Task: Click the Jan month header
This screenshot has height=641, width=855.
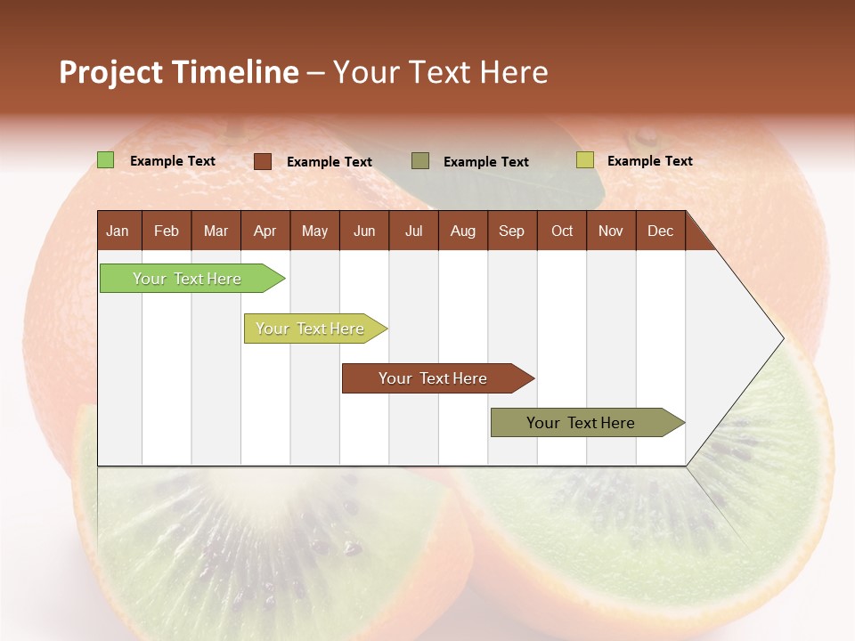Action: point(118,231)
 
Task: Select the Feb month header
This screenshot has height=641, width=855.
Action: point(167,231)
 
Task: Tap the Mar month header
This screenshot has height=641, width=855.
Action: point(216,231)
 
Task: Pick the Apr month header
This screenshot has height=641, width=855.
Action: point(265,231)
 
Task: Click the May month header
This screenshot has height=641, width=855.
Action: point(314,231)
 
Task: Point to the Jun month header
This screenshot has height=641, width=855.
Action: point(364,231)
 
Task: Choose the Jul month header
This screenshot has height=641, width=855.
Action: point(413,231)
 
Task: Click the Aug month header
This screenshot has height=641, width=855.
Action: point(463,231)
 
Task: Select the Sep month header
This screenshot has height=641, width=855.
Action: point(512,231)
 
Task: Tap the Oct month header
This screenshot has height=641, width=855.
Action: point(562,231)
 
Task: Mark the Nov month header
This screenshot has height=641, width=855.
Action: point(611,231)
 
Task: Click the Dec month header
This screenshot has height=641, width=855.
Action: point(661,231)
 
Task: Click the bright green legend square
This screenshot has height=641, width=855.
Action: point(106,160)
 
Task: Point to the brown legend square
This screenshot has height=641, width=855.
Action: point(263,161)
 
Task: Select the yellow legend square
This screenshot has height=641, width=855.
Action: point(584,160)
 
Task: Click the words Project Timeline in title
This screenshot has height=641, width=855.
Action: point(178,72)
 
